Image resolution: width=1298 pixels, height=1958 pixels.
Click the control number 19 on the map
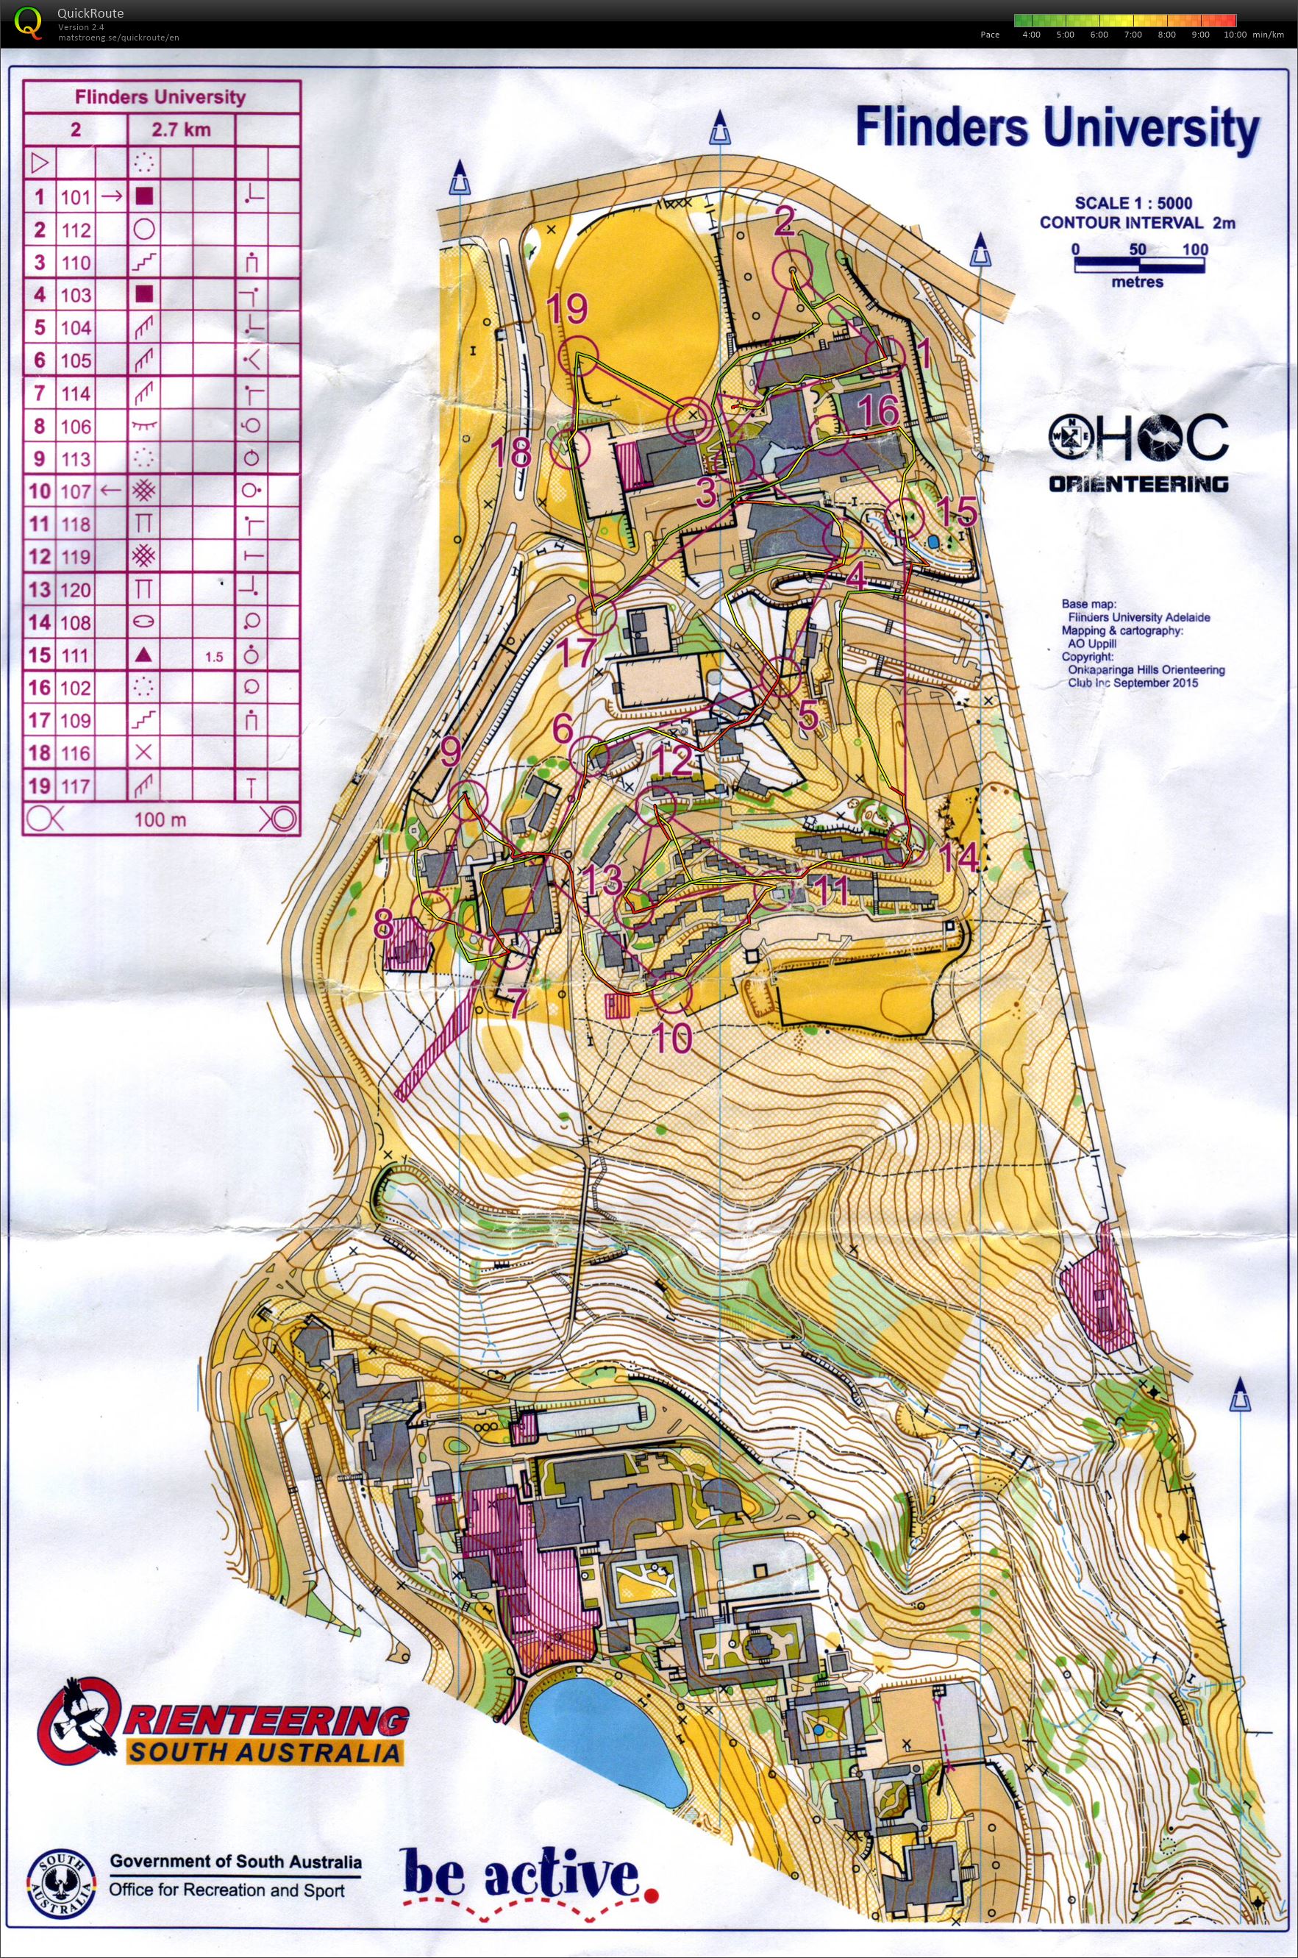coord(567,309)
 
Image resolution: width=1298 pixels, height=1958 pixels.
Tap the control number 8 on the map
coord(383,925)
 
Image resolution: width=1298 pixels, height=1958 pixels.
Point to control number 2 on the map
coord(784,221)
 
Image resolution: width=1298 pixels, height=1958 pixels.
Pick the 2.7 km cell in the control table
coord(182,130)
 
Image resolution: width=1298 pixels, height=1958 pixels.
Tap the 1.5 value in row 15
coord(213,657)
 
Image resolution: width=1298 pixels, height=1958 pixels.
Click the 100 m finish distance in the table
coord(160,819)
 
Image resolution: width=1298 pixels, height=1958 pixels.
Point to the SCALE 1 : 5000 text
coord(1133,203)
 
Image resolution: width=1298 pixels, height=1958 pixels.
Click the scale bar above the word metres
coord(1139,265)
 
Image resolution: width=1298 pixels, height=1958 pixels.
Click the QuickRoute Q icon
coord(27,22)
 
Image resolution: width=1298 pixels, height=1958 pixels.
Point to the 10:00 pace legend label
coord(1234,35)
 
